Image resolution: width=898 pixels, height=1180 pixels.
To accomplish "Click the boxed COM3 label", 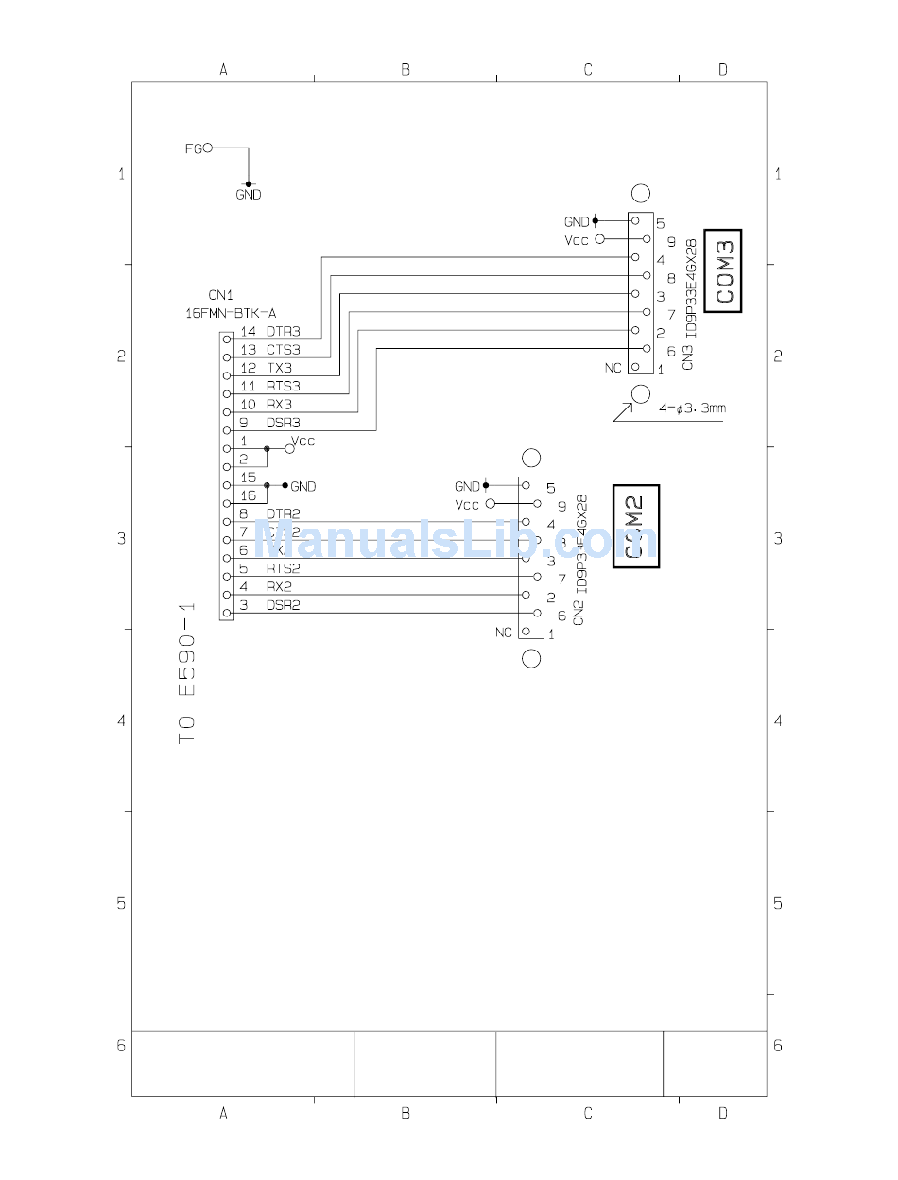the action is click(724, 270).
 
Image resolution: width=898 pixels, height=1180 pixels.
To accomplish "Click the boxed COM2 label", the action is click(636, 527).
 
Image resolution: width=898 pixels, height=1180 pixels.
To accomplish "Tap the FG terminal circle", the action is click(208, 147).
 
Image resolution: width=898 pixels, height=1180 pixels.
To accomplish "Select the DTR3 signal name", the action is click(283, 332).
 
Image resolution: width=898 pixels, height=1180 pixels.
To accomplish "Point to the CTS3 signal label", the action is click(283, 350).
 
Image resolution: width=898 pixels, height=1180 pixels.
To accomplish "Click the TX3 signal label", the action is click(279, 368).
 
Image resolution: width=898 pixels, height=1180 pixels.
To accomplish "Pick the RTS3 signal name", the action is click(283, 386).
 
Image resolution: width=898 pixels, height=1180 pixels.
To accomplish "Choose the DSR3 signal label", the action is click(283, 423).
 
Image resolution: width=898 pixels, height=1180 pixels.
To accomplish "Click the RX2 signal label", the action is click(279, 587).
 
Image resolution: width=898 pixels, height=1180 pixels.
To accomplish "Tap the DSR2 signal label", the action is click(283, 605).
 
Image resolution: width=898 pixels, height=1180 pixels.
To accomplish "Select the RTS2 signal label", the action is click(283, 568).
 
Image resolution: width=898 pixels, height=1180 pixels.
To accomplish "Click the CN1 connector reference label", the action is click(219, 295).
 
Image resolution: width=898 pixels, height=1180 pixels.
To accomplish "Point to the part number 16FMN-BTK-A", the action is click(232, 312).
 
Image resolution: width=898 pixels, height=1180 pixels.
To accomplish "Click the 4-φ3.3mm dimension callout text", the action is click(692, 408).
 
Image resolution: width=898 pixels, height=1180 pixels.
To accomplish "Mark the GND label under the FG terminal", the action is click(249, 195).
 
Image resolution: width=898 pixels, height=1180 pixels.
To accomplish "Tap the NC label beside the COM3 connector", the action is click(613, 368).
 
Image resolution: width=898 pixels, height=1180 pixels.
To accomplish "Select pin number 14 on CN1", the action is click(248, 332).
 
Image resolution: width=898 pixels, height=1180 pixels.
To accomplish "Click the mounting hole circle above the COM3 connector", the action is click(641, 194).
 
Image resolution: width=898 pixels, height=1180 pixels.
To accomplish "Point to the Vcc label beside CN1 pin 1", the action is click(303, 441).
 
